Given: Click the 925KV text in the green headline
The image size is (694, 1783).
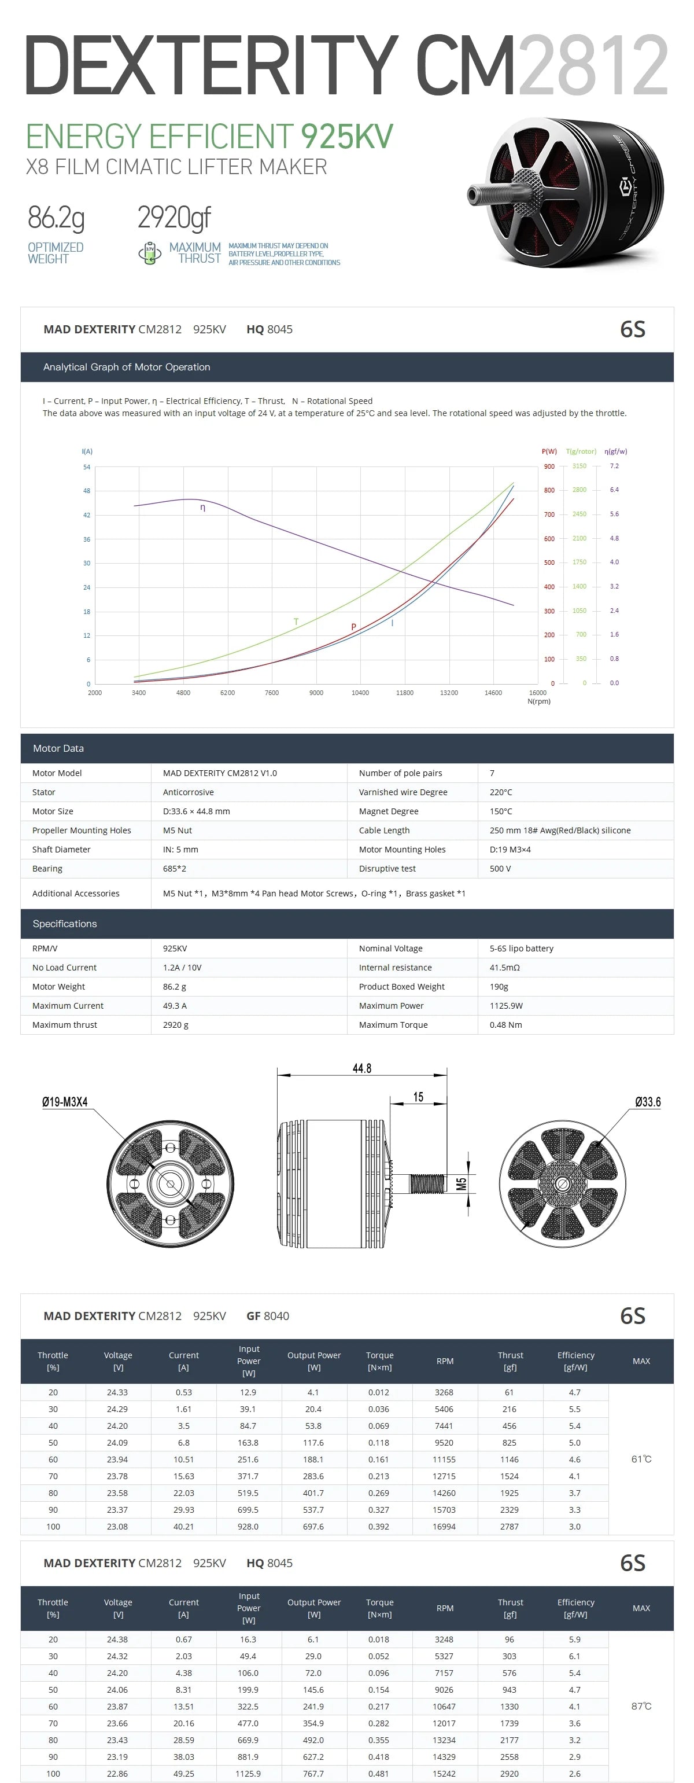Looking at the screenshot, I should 346,137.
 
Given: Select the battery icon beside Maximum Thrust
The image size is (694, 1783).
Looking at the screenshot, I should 149,253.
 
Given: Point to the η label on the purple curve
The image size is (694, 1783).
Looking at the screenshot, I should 203,508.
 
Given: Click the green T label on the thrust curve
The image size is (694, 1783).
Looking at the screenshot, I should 296,622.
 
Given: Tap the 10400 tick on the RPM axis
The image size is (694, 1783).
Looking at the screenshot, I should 360,692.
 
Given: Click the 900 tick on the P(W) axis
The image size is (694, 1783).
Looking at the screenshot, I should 549,466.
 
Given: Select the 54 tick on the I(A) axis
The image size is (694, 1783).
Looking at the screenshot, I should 87,467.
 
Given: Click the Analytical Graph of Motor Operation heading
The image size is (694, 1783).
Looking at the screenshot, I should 127,367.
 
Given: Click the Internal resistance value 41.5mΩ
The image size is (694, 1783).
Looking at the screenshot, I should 504,968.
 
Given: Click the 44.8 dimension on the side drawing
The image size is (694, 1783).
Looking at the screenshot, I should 362,1068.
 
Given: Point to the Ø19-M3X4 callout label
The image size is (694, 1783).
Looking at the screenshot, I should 65,1102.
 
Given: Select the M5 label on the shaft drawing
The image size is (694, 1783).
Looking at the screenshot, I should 462,1183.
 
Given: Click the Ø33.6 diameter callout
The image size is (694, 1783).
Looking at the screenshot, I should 648,1102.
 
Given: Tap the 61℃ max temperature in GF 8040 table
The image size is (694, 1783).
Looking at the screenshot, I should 641,1459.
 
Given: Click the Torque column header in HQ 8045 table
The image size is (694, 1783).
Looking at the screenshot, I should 379,1608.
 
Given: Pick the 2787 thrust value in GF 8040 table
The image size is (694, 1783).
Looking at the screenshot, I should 510,1526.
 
